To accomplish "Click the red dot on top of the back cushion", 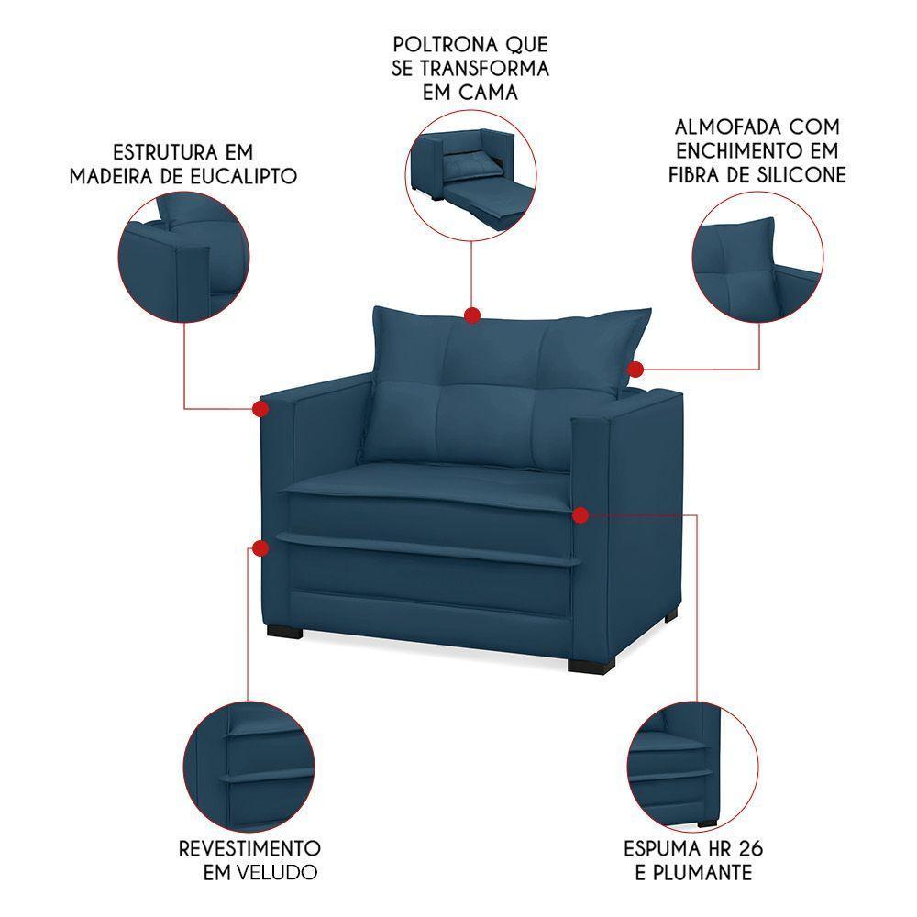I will click(x=472, y=315).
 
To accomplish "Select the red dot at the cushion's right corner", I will click(x=635, y=369).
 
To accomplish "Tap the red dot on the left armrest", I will click(x=260, y=407).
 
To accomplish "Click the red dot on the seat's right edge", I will click(x=580, y=516).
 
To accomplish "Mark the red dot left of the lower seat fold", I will click(x=260, y=549).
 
